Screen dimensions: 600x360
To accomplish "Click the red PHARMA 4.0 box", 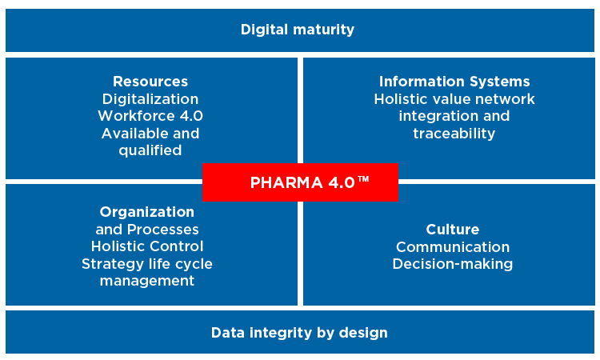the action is [x=300, y=182].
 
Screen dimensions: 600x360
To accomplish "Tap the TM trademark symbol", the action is [x=363, y=178].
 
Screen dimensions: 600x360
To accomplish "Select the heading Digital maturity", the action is [x=298, y=30].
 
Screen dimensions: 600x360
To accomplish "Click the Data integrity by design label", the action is [x=299, y=333].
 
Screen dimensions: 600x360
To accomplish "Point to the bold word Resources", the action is [x=150, y=82].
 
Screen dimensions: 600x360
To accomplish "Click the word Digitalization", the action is [x=150, y=99].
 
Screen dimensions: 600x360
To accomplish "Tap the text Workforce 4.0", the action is [x=150, y=116].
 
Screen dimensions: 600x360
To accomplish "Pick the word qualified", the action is [x=150, y=150].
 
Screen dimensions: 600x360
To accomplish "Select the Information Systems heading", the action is [x=454, y=82].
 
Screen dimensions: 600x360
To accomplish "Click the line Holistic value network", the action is [x=454, y=99].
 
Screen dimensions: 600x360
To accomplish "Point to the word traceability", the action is [x=454, y=134].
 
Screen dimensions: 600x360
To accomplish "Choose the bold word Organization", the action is [x=147, y=212].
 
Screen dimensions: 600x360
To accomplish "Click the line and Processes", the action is [x=147, y=229].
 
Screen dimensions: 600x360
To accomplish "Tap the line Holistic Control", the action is [x=147, y=246].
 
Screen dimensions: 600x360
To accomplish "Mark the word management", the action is [x=147, y=281].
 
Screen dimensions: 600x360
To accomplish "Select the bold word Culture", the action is [x=453, y=229].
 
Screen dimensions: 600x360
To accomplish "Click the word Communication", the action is [x=453, y=246].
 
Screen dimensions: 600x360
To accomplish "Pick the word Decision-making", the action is [x=453, y=264].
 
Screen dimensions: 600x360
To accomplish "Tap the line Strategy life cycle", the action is [x=147, y=264].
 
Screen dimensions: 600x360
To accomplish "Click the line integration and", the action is [x=454, y=116].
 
